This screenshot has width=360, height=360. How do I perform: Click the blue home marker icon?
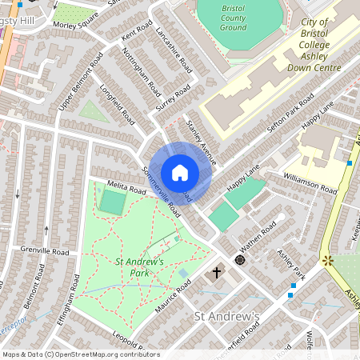coord(180,172)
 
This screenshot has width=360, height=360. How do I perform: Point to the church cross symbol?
coord(215,274)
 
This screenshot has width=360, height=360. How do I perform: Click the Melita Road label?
coord(126,190)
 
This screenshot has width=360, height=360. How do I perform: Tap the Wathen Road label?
coord(258,238)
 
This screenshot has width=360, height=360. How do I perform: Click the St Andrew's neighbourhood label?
coord(228,317)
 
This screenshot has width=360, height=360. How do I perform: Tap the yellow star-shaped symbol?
coord(326,261)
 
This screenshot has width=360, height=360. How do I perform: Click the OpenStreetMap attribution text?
coord(80,354)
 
